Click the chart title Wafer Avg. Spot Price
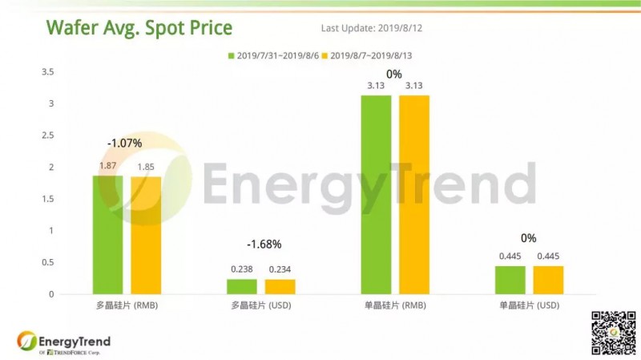click(139, 29)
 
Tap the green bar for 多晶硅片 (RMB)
click(108, 234)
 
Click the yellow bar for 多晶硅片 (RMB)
click(146, 235)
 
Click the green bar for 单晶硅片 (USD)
click(510, 280)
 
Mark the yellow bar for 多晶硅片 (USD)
click(280, 286)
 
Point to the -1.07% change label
click(124, 144)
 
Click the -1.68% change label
click(264, 244)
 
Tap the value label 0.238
click(242, 269)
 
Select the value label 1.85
click(146, 166)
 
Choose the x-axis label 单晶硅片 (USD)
click(529, 306)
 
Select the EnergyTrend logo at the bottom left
click(64, 342)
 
